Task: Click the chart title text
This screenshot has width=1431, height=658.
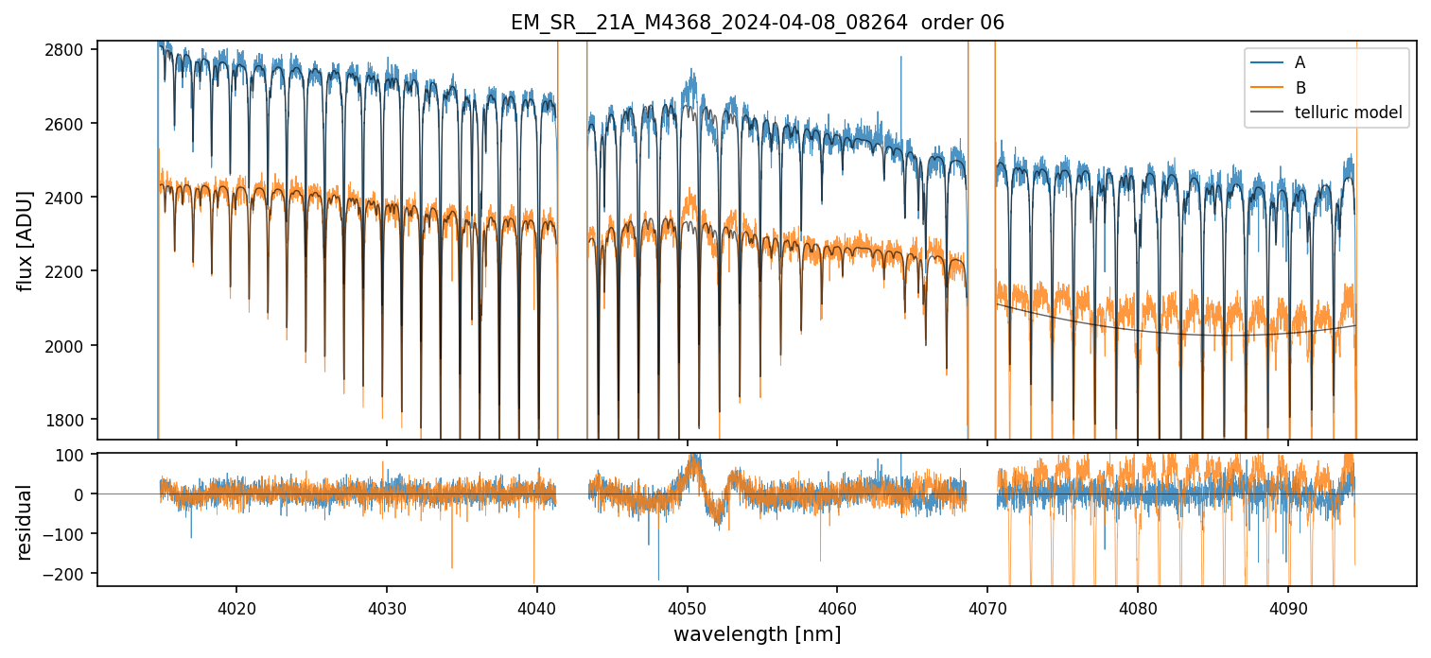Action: click(757, 22)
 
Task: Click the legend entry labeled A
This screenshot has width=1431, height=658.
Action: click(1300, 62)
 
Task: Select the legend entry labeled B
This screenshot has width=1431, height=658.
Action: click(1300, 88)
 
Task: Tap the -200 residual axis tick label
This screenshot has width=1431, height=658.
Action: click(70, 574)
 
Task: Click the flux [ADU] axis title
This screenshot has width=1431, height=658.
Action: click(26, 240)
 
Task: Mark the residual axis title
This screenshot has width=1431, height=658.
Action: click(26, 522)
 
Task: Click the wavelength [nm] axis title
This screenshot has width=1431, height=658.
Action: click(757, 633)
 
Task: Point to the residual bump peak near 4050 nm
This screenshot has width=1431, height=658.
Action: click(693, 458)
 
